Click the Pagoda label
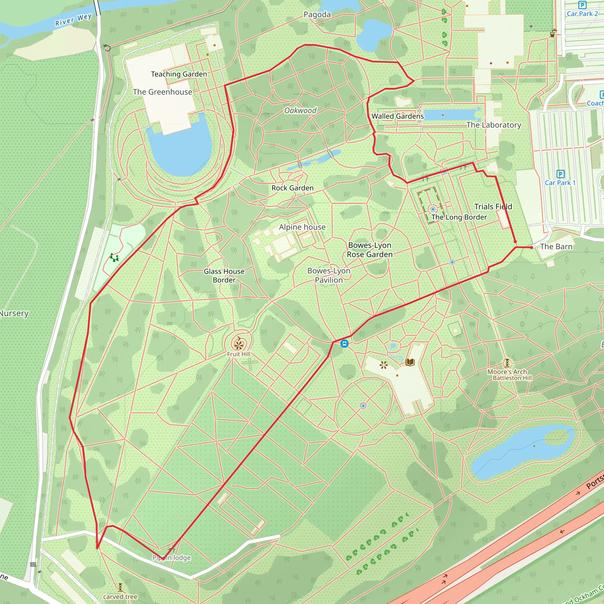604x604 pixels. tap(317, 15)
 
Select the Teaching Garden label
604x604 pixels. tap(179, 74)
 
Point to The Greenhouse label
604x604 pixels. tap(162, 92)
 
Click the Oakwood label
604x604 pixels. tap(300, 110)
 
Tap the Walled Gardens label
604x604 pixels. tap(397, 116)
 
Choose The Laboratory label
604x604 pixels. tap(494, 125)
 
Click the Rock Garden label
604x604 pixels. tap(292, 188)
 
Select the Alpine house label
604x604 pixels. tap(302, 227)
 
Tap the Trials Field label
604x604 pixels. tap(493, 207)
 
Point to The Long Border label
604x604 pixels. tap(459, 217)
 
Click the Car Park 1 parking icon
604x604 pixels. tap(561, 174)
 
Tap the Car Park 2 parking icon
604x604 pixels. tap(582, 5)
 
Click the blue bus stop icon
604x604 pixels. tap(344, 344)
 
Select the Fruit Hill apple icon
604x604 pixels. tap(239, 344)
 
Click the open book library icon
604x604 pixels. tap(410, 362)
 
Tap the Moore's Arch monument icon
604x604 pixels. tap(507, 363)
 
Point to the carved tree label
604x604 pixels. tap(120, 597)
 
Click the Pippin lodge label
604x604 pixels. tap(171, 558)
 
